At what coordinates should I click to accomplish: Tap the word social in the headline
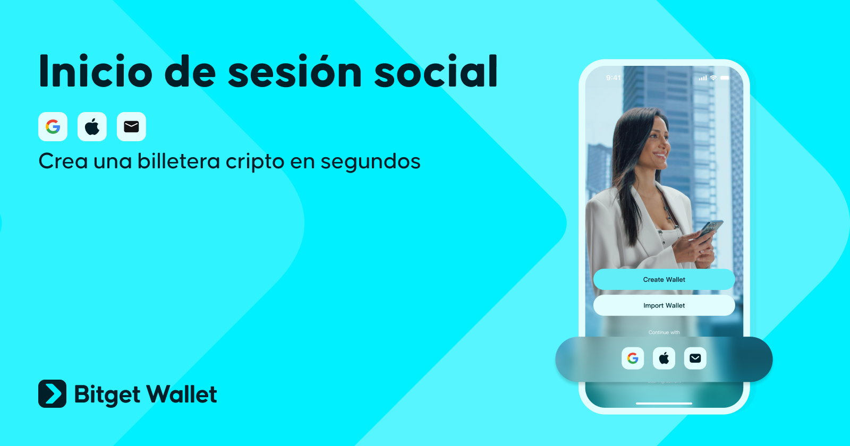[x=436, y=72]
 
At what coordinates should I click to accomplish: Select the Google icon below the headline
[x=53, y=127]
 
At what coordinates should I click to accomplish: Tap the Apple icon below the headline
[x=92, y=127]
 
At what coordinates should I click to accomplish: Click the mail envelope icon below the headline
[x=131, y=127]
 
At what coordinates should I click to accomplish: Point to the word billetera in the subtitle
[x=178, y=161]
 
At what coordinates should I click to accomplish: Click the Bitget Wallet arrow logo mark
[x=52, y=393]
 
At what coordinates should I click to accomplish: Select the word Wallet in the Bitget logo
[x=182, y=394]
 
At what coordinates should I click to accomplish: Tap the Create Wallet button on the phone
[x=664, y=279]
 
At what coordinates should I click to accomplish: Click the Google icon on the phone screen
[x=633, y=358]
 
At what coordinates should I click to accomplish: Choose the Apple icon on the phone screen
[x=664, y=358]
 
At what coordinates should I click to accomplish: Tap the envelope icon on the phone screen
[x=695, y=358]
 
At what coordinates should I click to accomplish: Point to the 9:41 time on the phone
[x=613, y=78]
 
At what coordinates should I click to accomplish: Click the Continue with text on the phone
[x=664, y=332]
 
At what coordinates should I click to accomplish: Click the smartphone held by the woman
[x=710, y=229]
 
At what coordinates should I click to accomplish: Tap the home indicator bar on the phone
[x=664, y=404]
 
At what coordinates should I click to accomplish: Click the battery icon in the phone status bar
[x=725, y=78]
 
